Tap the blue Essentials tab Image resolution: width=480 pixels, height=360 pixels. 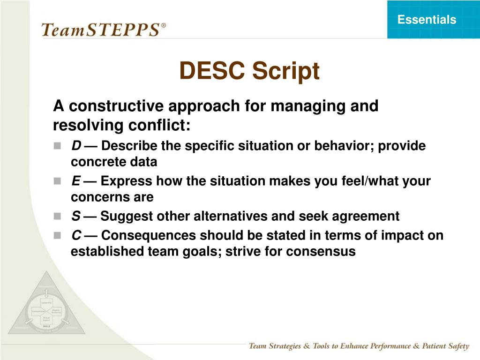tap(427, 20)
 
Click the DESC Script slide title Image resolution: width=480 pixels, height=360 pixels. tap(249, 71)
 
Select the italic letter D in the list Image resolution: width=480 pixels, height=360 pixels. tap(75, 146)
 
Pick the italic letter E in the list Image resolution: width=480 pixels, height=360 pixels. tap(75, 181)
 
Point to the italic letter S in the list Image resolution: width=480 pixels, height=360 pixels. tap(75, 217)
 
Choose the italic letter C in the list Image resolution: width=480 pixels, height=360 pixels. tap(75, 235)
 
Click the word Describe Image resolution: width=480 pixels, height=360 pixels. tap(129, 146)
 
